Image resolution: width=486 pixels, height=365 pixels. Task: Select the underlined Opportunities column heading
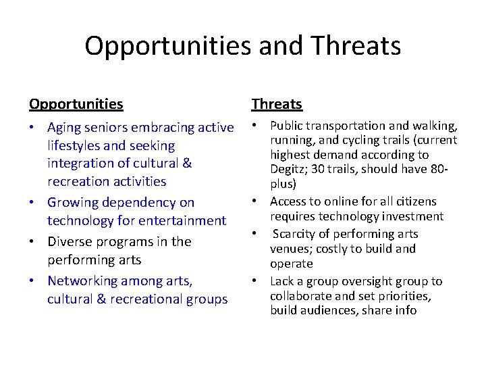click(x=76, y=104)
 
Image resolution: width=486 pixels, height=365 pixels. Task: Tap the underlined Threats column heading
click(x=277, y=104)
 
